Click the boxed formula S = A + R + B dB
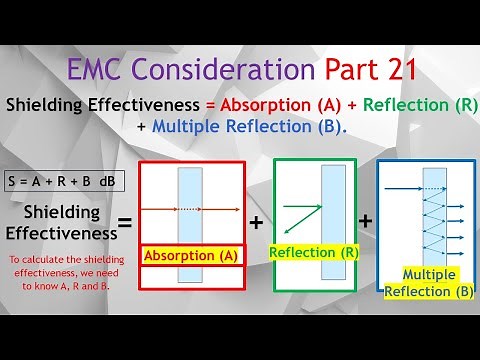pyautogui.click(x=58, y=182)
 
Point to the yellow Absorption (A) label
pyautogui.click(x=191, y=256)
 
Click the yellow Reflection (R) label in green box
pyautogui.click(x=313, y=252)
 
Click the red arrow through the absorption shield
pyautogui.click(x=190, y=209)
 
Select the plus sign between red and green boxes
pyautogui.click(x=256, y=222)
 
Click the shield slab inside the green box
pyautogui.click(x=332, y=222)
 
